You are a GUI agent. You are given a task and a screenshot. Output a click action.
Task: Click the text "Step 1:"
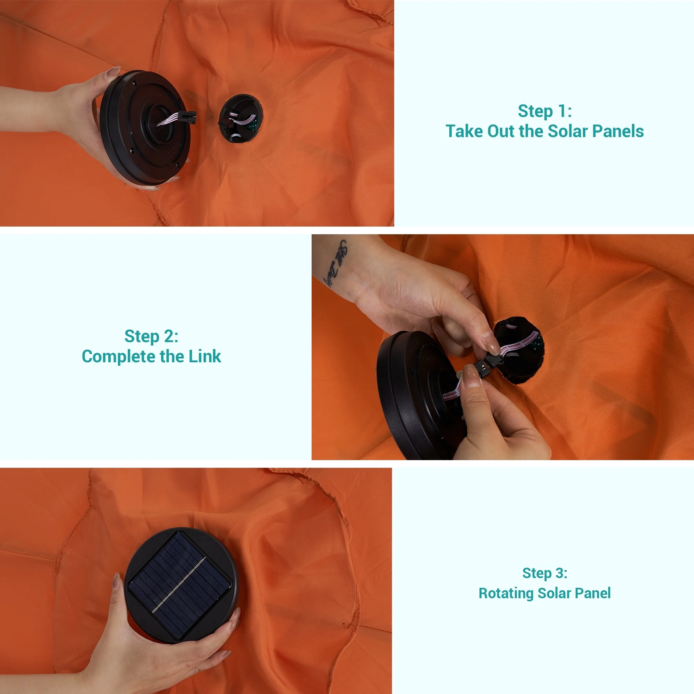pos(544,111)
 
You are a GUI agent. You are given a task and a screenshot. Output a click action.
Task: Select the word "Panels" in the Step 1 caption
pos(618,131)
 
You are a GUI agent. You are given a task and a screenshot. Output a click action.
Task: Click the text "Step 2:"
pos(151,336)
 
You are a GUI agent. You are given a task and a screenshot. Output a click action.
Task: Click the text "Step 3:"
pos(544,573)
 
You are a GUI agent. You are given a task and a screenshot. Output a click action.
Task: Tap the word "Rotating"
pos(506,593)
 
